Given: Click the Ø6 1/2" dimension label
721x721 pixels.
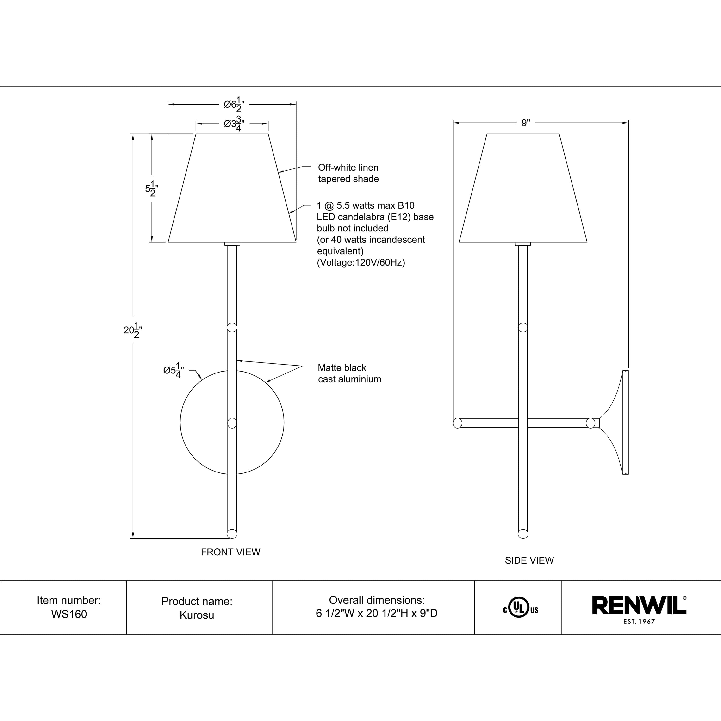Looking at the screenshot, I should pos(234,105).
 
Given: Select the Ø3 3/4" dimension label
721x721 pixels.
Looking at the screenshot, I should pos(234,124).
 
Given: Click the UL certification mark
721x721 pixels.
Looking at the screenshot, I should pos(521,607).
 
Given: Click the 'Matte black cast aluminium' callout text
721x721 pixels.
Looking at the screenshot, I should pos(349,373).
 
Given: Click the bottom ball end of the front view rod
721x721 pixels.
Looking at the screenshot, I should pos(232,534).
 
